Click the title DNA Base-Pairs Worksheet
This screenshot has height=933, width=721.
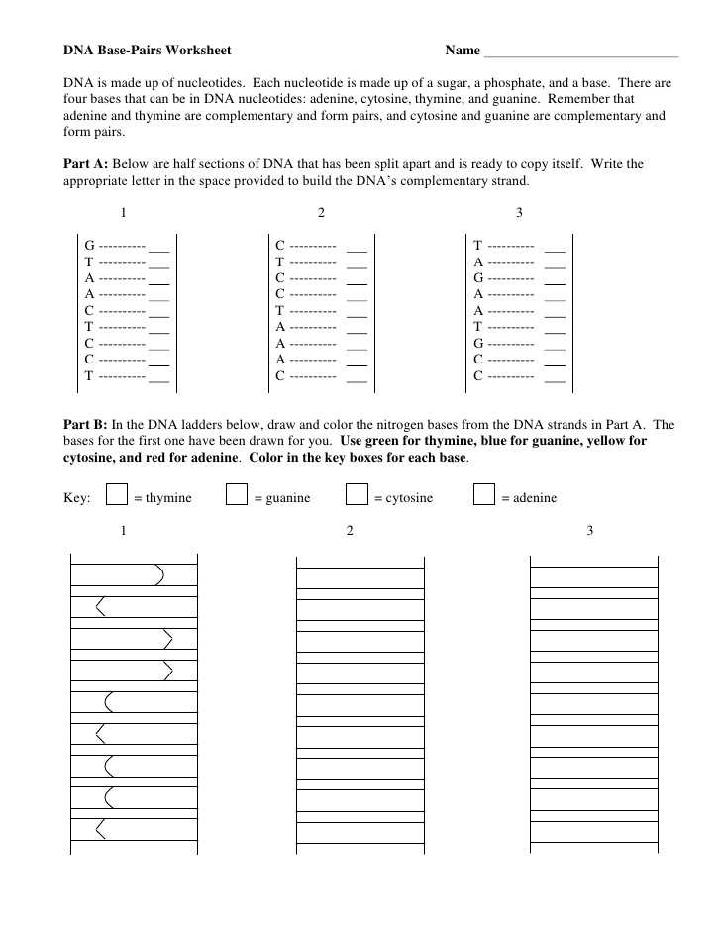coord(148,50)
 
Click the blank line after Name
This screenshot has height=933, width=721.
coord(580,52)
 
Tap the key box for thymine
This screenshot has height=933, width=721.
coord(117,494)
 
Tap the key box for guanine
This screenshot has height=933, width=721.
coord(236,494)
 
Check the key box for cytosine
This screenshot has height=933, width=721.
coord(357,494)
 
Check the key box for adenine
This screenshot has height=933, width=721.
coord(484,494)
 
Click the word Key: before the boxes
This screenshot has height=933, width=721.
coord(77,498)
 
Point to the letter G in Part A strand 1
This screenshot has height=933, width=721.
coord(89,245)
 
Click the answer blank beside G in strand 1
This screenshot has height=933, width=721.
coord(158,247)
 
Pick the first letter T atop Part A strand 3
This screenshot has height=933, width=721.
coord(478,245)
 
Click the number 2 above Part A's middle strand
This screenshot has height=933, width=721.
coord(321,213)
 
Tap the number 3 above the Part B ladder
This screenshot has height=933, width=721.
coord(590,531)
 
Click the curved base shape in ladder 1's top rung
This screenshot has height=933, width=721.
coord(159,574)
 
